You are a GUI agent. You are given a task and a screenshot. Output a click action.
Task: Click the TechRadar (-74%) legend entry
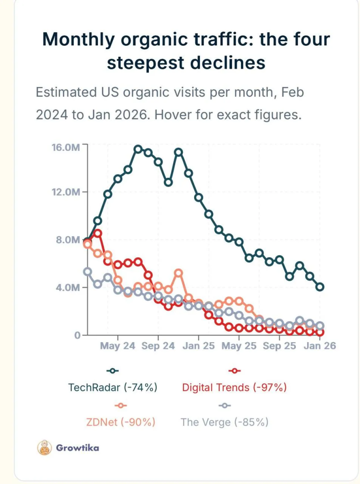coord(112,388)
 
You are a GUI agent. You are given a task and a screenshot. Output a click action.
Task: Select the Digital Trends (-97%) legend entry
coord(234,388)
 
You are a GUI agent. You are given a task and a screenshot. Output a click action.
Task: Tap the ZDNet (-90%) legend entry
coord(121,422)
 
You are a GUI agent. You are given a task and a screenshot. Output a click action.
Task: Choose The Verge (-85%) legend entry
coord(224,422)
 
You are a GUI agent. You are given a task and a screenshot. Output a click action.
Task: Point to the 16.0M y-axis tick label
coord(66,147)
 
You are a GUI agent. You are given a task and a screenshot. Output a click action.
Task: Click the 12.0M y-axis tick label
coord(66,192)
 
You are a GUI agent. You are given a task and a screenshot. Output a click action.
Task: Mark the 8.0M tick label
coord(68,240)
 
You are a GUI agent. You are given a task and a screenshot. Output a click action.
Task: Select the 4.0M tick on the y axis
coord(68,287)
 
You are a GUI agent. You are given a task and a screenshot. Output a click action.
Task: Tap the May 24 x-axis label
coord(117,346)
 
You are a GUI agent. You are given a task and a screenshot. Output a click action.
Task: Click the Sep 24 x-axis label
coord(158,346)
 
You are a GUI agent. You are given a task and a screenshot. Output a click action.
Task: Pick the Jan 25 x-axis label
coord(198,346)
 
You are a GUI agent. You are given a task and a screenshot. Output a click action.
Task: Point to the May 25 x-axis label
coord(239,346)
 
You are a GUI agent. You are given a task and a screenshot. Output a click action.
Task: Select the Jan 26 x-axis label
coord(320,346)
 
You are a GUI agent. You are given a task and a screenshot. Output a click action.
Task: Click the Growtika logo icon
coord(44,448)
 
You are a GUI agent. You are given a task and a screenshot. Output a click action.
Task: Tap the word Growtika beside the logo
coord(77,448)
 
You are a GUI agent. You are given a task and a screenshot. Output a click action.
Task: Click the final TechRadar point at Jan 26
coord(320,287)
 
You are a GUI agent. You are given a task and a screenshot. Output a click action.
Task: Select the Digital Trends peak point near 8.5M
coord(98,233)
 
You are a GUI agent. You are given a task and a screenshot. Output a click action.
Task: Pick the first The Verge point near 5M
coord(87,271)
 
